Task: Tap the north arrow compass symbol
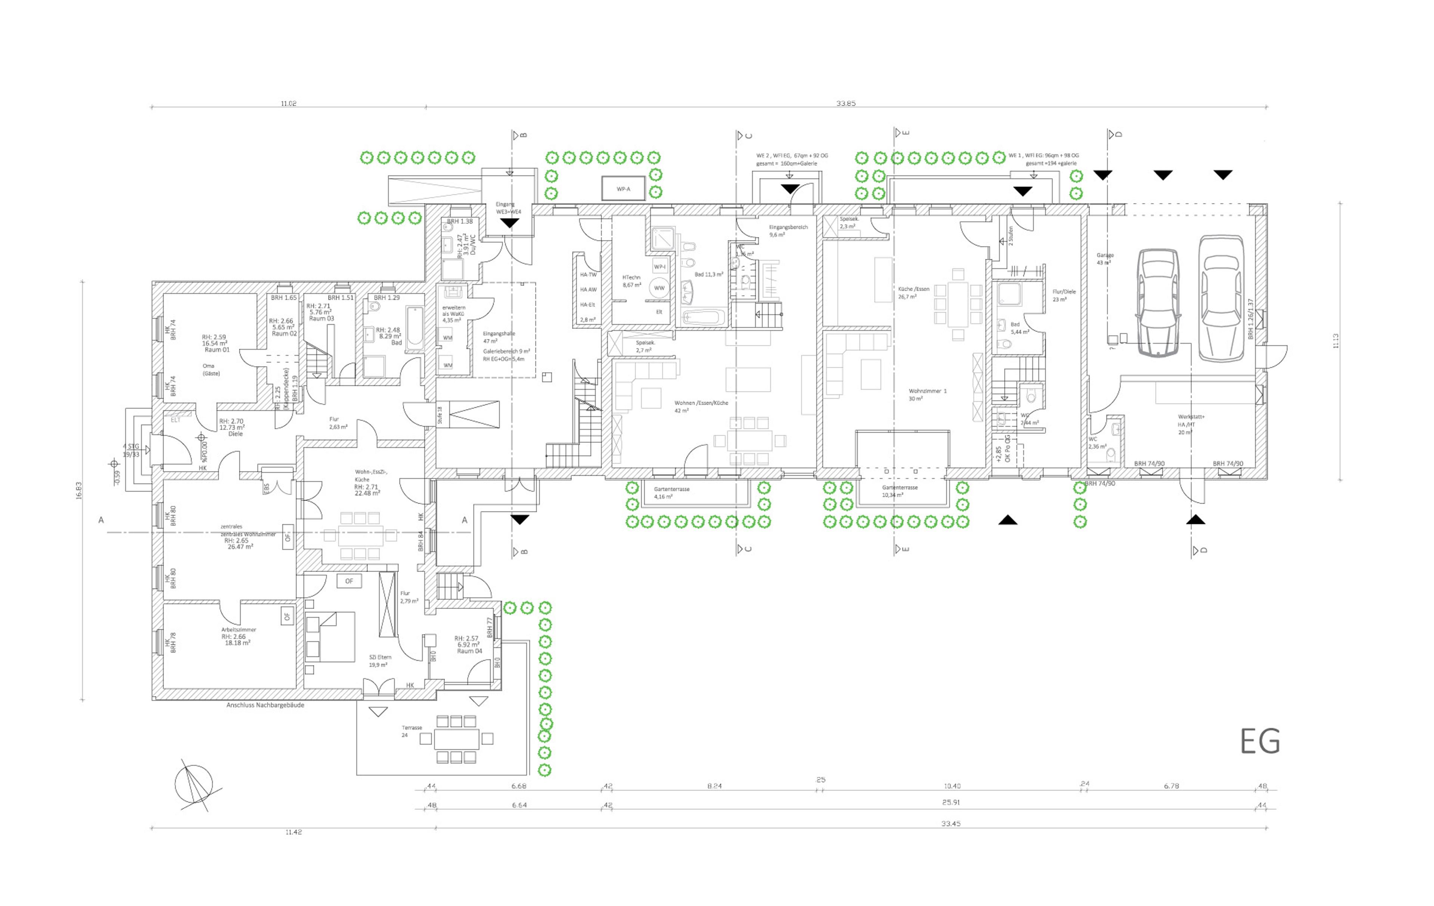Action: coord(193,785)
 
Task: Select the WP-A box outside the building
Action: coord(623,189)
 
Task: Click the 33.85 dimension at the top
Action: coord(845,103)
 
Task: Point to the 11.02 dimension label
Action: coord(289,103)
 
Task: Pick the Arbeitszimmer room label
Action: coord(238,629)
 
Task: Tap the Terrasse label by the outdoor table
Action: coord(412,728)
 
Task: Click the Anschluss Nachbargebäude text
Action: coord(265,705)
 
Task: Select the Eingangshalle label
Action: coord(499,334)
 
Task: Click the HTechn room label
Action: coord(631,277)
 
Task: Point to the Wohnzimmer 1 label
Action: coord(927,391)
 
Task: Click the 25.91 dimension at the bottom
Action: coord(950,803)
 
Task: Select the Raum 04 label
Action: coord(469,651)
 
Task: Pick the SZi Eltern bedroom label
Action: coord(380,657)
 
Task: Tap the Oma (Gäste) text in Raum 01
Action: coord(211,370)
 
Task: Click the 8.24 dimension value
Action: coord(714,786)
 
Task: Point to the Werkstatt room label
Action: coord(1191,417)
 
